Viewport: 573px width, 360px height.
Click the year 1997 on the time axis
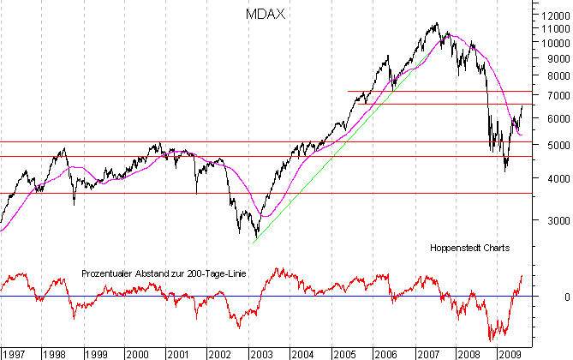tap(14, 352)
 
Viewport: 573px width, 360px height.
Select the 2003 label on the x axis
tap(260, 352)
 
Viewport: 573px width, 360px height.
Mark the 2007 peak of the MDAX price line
tap(438, 23)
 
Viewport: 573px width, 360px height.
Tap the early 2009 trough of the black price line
tap(505, 171)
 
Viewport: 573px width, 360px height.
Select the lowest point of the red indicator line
tap(492, 341)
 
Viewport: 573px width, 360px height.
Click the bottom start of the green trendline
tap(254, 243)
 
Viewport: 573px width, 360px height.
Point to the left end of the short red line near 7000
tap(347, 91)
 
